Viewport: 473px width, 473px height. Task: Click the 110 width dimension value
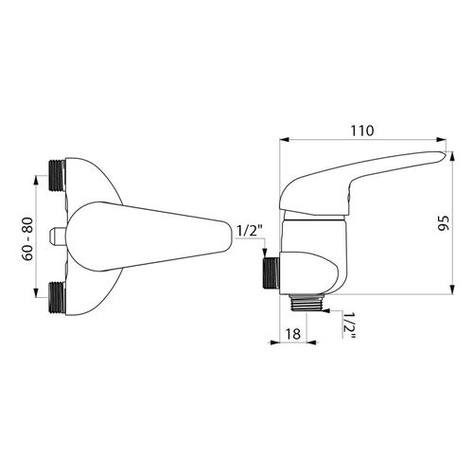click(361, 130)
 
